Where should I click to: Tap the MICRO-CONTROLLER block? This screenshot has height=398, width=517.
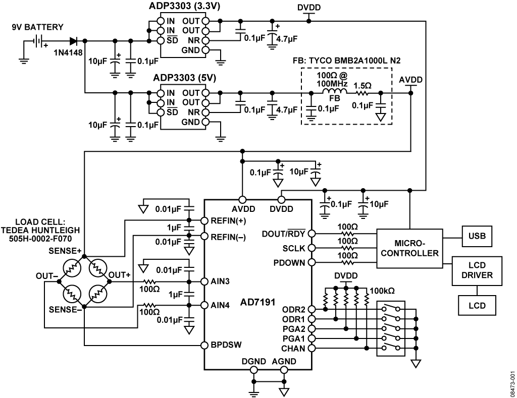(409, 248)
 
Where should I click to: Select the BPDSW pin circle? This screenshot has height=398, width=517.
(204, 346)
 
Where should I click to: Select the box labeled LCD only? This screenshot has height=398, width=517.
(477, 305)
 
